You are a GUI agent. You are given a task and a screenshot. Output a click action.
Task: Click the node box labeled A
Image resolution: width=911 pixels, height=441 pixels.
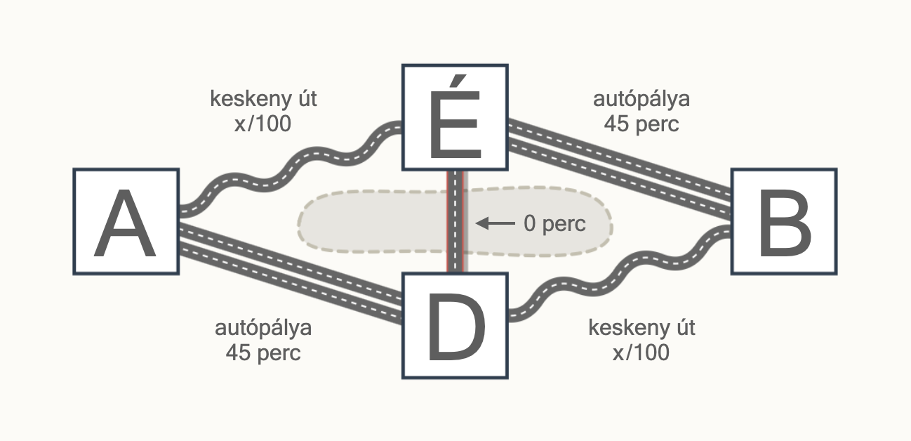126,221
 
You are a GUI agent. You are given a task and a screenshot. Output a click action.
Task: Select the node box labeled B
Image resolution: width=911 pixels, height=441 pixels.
784,221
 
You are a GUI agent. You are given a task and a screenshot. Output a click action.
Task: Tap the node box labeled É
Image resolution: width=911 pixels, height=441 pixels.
455,117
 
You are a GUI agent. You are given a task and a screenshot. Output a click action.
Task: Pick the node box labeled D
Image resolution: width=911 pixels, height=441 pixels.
455,326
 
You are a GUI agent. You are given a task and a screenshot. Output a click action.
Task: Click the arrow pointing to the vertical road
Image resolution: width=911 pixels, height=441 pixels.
495,223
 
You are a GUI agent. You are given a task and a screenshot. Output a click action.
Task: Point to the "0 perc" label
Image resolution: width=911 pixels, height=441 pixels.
554,224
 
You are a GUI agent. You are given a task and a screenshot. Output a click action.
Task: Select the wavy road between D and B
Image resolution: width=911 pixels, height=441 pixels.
620,272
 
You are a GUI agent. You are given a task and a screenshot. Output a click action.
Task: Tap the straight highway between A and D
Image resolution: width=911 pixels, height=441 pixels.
291,274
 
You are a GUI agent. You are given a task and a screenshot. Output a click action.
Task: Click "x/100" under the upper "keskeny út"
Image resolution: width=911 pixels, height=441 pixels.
262,124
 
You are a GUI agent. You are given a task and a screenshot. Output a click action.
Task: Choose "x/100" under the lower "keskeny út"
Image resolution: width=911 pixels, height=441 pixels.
641,353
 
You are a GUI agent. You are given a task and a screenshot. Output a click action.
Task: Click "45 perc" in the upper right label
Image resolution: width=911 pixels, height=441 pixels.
641,124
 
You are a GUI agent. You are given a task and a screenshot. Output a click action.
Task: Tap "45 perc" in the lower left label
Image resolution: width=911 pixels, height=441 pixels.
263,353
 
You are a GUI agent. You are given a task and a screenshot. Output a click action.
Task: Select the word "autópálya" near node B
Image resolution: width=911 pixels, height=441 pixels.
641,100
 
